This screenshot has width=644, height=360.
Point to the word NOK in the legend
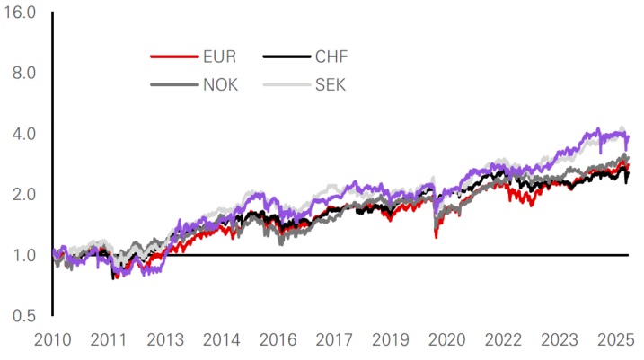(x=221, y=86)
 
